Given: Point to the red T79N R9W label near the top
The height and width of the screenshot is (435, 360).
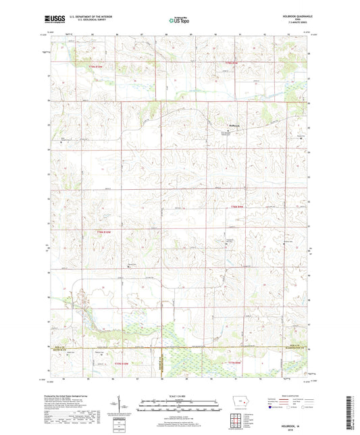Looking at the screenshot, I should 232,63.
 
